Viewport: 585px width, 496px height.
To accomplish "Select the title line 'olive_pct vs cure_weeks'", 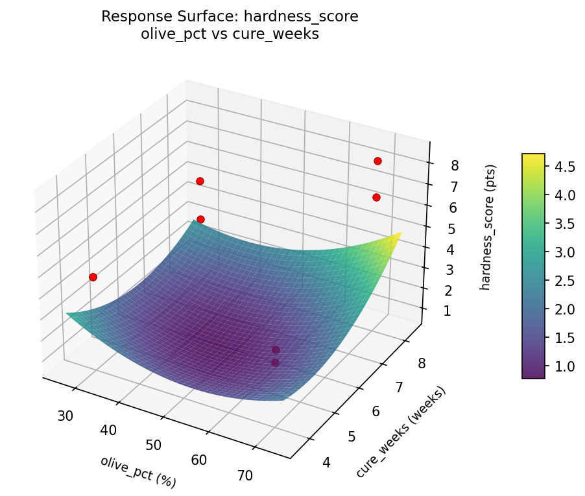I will [x=230, y=34].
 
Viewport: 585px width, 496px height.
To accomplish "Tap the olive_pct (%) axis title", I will [x=138, y=471].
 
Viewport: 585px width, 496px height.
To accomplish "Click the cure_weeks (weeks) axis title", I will [x=401, y=432].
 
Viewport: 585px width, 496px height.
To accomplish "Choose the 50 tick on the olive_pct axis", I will [x=154, y=445].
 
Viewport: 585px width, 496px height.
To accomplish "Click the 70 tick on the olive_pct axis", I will [x=245, y=475].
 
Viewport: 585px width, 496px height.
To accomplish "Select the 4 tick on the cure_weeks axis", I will [x=326, y=462].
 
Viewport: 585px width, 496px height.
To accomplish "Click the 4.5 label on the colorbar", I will [x=565, y=167].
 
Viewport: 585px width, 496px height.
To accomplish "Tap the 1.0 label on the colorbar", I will [x=565, y=366].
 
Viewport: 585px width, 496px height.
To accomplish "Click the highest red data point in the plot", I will [x=377, y=161].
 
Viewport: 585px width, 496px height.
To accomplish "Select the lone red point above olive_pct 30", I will [x=93, y=277].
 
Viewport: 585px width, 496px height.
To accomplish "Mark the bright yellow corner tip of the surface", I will [x=400, y=233].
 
